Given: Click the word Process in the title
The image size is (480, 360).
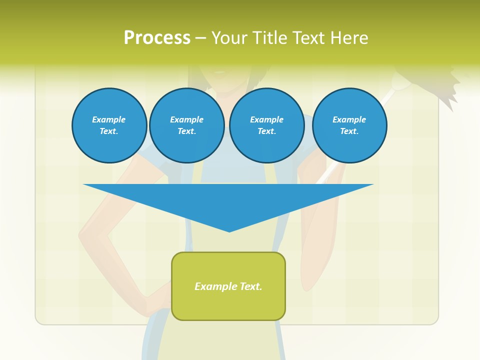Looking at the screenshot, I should pos(157,38).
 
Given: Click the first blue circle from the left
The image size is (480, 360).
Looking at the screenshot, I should pos(109,125).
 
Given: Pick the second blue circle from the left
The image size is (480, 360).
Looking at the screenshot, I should pos(186,125).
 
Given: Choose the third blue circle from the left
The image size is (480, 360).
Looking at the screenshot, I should pos(266,125).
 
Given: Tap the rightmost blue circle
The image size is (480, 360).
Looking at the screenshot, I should pos(349,125).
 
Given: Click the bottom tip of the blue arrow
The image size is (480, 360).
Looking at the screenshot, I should pos(229,230).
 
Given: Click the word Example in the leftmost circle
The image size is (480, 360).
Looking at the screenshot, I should pos(109,119).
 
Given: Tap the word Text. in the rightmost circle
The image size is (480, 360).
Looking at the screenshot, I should pos(349,131).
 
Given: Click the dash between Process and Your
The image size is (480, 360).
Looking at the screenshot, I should pos(200,38).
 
